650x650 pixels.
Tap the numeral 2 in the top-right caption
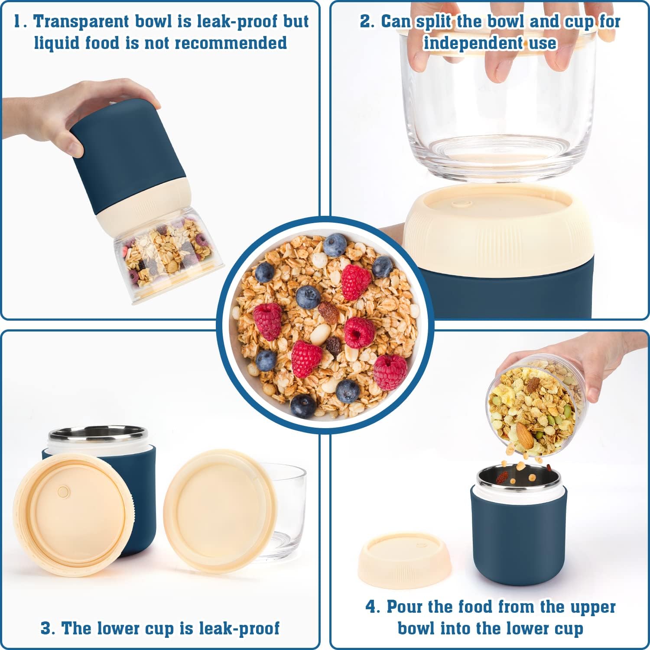(366, 22)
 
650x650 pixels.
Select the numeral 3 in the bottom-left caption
(47, 628)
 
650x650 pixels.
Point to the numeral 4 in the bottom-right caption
(372, 607)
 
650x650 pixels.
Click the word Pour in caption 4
(405, 607)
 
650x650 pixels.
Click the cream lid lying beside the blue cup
(404, 560)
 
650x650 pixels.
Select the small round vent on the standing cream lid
(63, 491)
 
